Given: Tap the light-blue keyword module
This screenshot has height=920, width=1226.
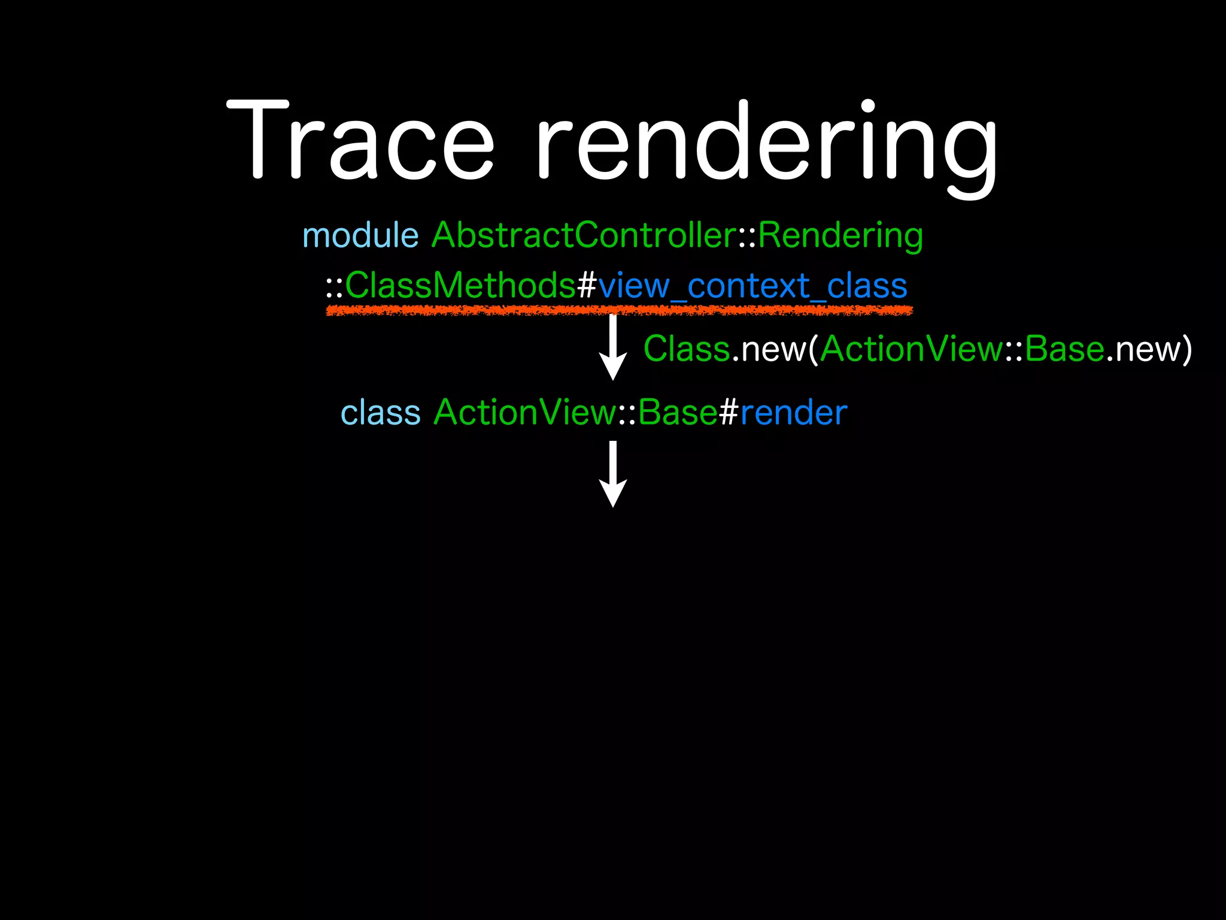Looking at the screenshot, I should point(360,235).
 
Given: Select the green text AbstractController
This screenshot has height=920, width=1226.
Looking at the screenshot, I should point(584,235).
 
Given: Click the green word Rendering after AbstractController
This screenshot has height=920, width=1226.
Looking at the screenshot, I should point(840,236).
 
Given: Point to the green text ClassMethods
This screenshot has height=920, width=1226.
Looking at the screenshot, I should point(460,285).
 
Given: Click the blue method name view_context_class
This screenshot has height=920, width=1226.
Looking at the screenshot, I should point(752,286).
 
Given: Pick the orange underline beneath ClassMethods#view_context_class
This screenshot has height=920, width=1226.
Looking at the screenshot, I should point(619,310).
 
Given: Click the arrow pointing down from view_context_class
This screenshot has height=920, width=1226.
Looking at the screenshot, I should point(613,347).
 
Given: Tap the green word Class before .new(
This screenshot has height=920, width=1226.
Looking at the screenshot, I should point(687,349).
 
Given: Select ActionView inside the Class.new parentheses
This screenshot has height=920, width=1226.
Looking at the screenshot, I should point(911,349).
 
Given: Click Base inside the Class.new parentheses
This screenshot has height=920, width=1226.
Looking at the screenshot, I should point(1064,349).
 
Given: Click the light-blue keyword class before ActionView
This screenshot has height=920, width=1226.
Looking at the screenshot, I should point(381,413).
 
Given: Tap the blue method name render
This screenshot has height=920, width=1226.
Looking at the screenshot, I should point(794,413).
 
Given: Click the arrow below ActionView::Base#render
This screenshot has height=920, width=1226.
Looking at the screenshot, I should point(613,474).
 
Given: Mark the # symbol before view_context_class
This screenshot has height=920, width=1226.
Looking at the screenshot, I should point(587,286).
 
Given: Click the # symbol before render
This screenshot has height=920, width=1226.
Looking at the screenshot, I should point(729,413).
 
